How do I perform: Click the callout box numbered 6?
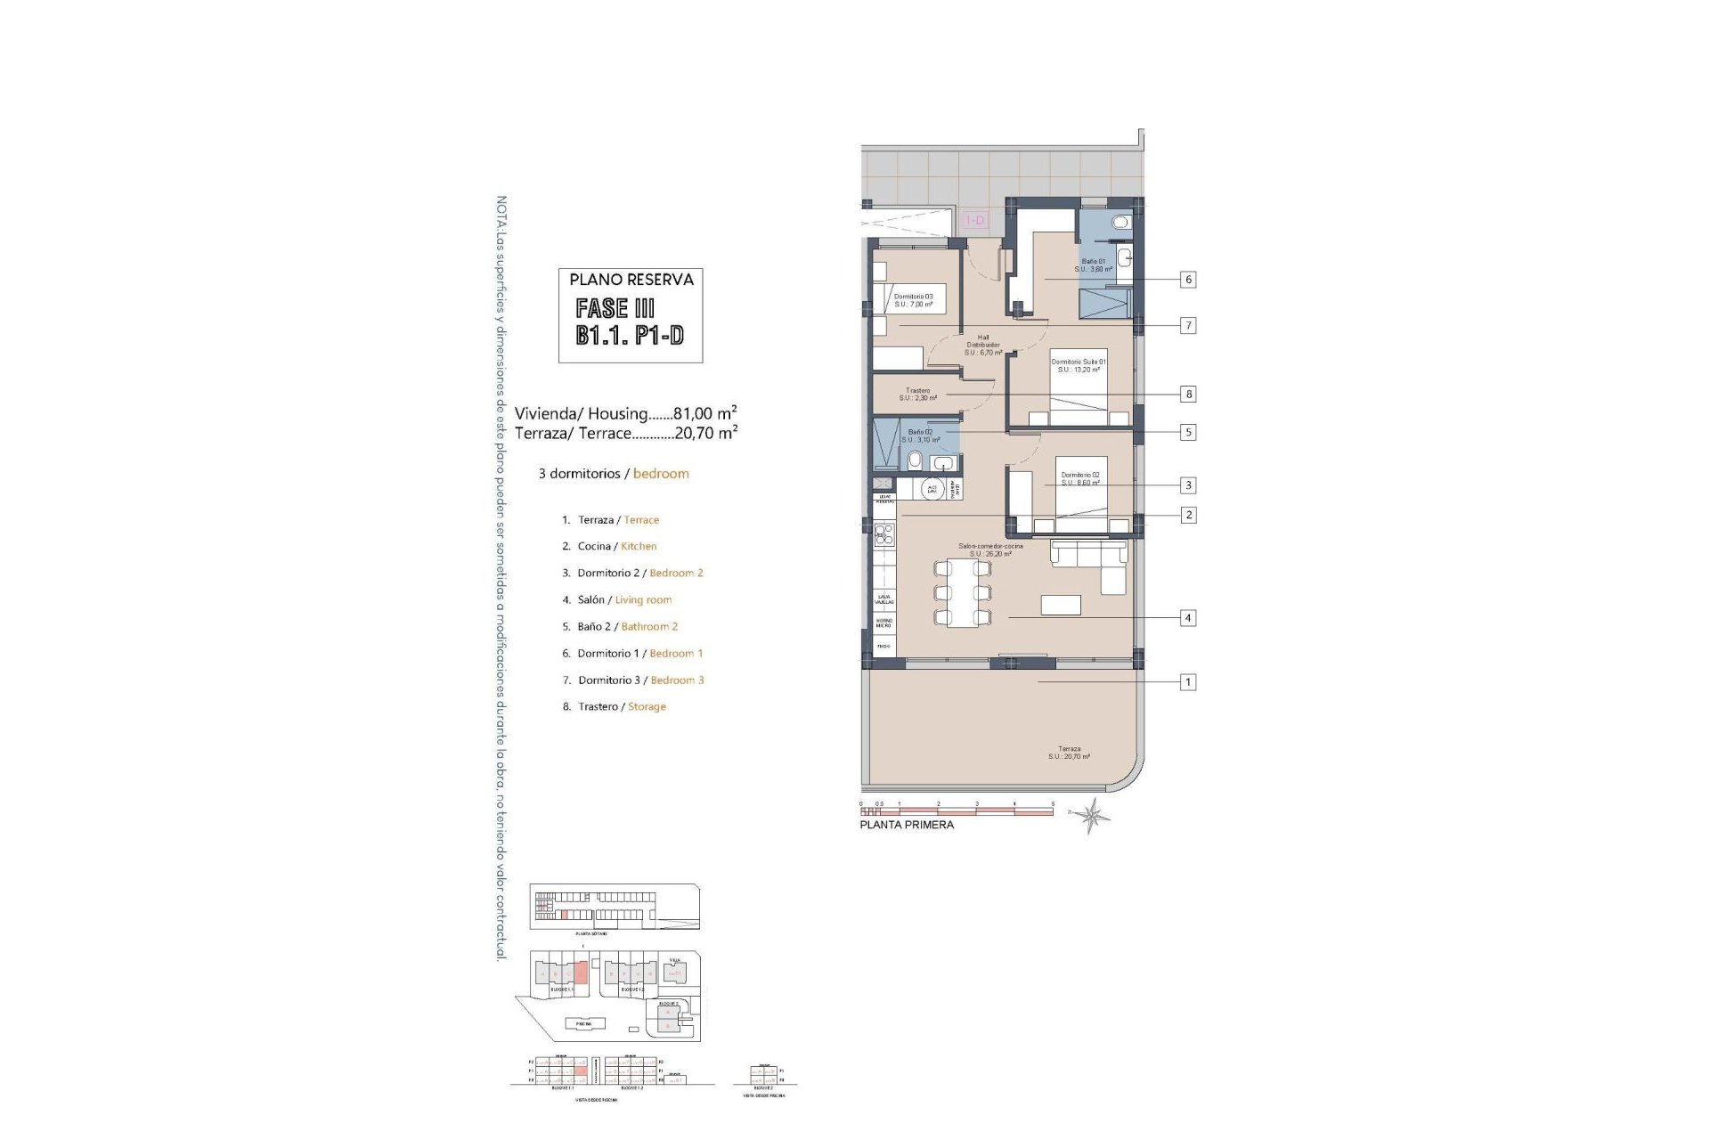click(x=1187, y=280)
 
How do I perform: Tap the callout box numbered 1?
click(x=1187, y=682)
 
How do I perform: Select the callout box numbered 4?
click(x=1187, y=617)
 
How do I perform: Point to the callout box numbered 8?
click(x=1187, y=394)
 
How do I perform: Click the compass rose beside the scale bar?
click(x=1092, y=814)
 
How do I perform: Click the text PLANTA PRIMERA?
click(x=907, y=825)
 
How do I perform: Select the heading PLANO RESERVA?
click(x=631, y=280)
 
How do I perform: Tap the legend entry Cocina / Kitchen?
click(x=616, y=546)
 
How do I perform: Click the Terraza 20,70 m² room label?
click(x=1069, y=753)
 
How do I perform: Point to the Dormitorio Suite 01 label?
click(x=1079, y=365)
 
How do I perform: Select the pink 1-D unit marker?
click(x=975, y=220)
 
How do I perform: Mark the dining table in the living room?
click(x=962, y=592)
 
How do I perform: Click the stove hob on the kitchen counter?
click(x=884, y=534)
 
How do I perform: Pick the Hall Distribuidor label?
click(x=983, y=345)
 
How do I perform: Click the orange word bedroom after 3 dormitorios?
click(x=661, y=474)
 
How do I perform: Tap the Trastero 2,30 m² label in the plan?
click(x=917, y=395)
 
